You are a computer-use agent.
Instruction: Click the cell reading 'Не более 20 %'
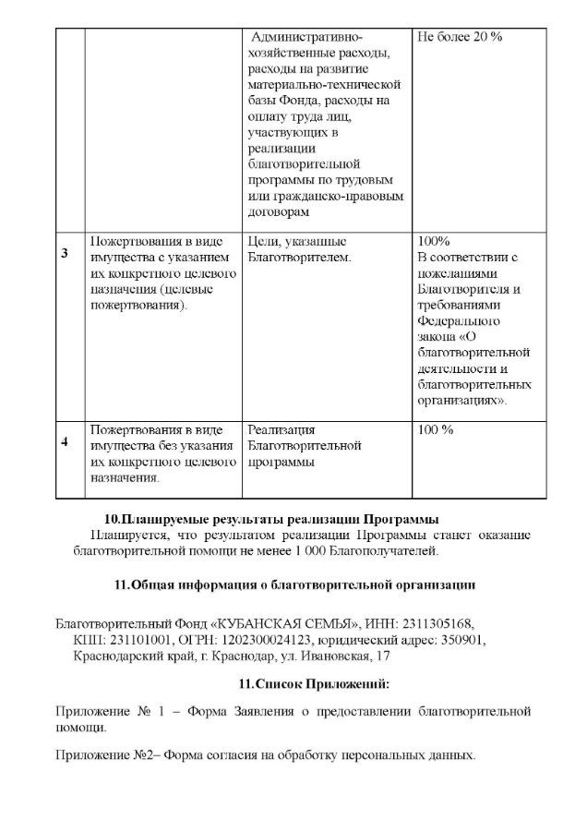460,37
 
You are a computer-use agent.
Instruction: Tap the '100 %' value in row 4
436,429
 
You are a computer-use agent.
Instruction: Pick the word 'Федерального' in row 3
459,321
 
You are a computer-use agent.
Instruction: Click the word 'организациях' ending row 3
459,402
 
